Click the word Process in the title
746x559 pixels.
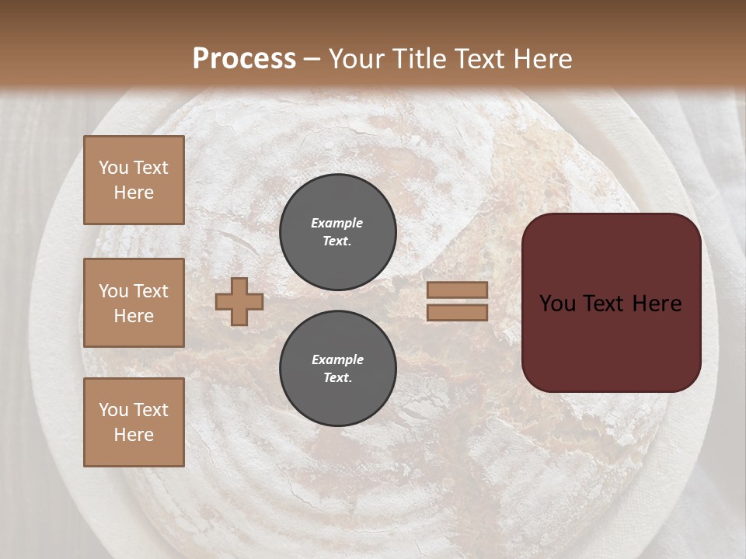pos(244,59)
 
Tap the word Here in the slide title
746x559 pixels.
pos(541,59)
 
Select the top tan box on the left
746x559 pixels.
pos(134,180)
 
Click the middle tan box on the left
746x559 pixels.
pos(134,303)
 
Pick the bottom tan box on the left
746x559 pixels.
pos(134,422)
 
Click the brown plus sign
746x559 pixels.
pos(239,301)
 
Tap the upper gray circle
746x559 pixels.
pos(338,232)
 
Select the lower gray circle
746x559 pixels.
pos(338,369)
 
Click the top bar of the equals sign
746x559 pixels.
pos(458,290)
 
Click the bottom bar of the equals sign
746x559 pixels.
pos(458,313)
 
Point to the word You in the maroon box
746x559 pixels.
pos(557,304)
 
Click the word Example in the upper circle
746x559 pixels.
pos(337,223)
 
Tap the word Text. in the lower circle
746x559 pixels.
pos(337,378)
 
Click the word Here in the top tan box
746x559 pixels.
pos(134,193)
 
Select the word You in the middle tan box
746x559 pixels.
pos(113,291)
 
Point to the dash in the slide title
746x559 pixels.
pos(312,59)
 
